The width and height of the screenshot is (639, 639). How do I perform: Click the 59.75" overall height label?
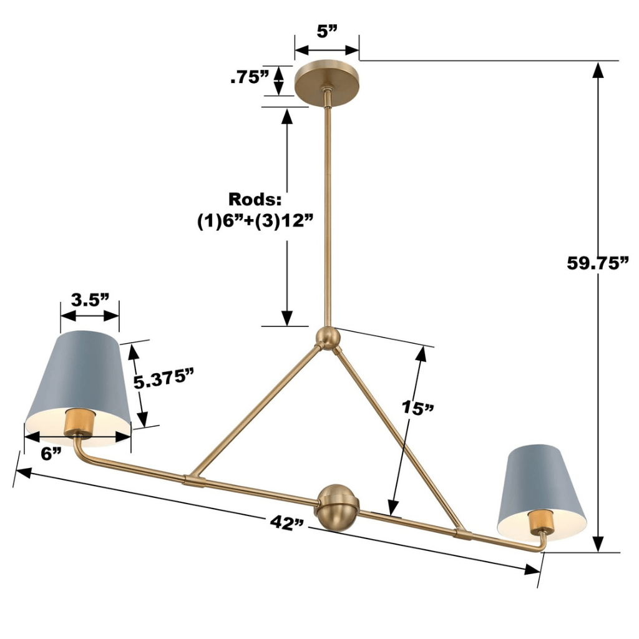click(x=597, y=263)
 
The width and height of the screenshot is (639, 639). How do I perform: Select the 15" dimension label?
click(x=417, y=409)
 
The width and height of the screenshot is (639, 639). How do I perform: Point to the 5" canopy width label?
click(x=326, y=32)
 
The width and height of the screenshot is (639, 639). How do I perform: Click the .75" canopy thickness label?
click(x=249, y=77)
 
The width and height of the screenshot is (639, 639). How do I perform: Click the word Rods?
click(x=255, y=200)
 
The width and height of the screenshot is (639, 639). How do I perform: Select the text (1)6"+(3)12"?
click(x=255, y=222)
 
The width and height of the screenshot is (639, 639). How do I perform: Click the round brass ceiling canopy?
click(x=326, y=79)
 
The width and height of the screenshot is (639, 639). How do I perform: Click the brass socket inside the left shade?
click(x=79, y=424)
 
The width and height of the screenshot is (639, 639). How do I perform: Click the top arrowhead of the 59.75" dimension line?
click(x=598, y=69)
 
